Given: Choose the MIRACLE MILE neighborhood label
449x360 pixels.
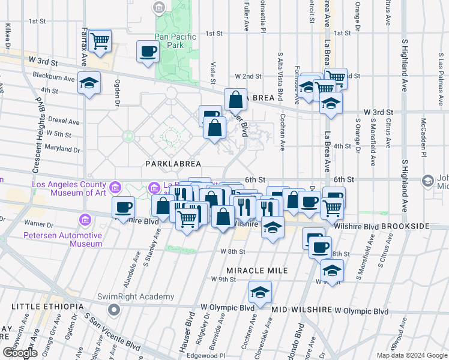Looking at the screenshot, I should (x=257, y=271).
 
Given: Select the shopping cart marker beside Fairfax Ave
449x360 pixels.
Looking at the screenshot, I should (x=99, y=40).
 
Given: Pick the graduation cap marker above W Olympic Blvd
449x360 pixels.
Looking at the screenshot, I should (x=259, y=292).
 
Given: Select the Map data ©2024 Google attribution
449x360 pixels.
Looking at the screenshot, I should (x=411, y=355).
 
